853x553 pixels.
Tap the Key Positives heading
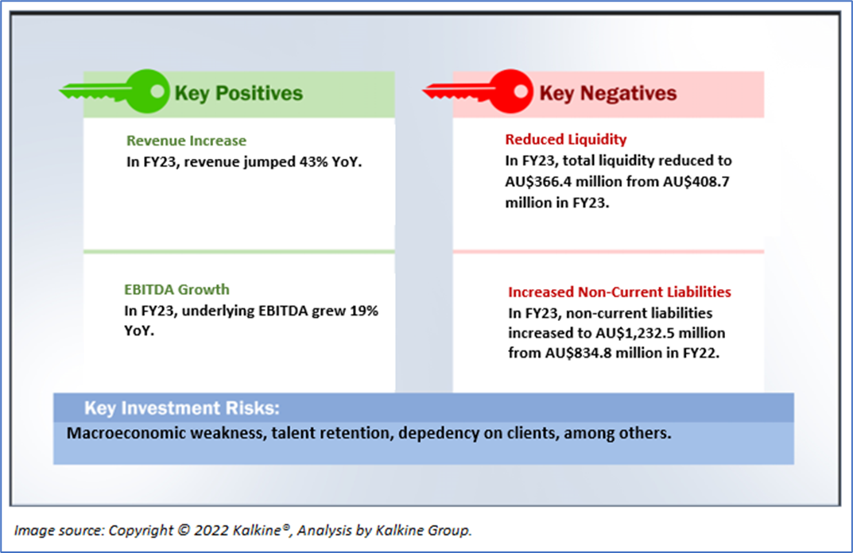[238, 94]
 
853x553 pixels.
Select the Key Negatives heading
[607, 94]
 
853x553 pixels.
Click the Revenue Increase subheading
[186, 141]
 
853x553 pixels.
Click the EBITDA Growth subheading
[176, 289]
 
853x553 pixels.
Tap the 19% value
[364, 311]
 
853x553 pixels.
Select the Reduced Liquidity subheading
[566, 140]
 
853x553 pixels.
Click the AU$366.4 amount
[538, 182]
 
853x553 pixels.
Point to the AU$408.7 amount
[696, 182]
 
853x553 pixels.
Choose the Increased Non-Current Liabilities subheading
[619, 292]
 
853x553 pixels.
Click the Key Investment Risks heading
[182, 408]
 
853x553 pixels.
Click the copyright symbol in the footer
[184, 530]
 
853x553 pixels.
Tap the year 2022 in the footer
[211, 530]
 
